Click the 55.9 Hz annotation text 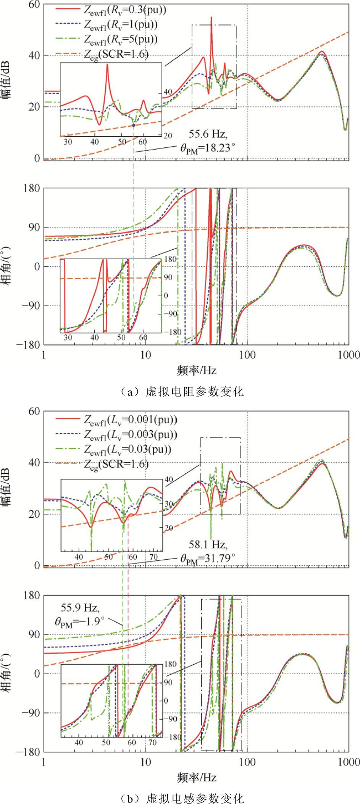[80, 607]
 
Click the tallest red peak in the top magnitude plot [211, 18]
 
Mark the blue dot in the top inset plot [134, 125]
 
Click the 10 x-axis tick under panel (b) [145, 763]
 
